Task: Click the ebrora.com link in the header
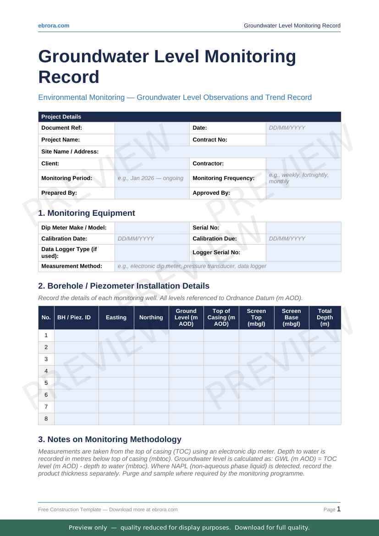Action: pos(54,26)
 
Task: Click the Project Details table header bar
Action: pos(189,117)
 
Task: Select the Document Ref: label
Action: pos(61,128)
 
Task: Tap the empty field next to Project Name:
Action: pos(152,140)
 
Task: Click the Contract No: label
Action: pos(210,140)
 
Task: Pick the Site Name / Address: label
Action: pos(70,152)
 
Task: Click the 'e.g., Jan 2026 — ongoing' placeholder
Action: pos(150,178)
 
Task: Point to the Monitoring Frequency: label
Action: pos(223,178)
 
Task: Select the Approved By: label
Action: pos(211,193)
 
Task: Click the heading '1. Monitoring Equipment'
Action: pos(87,213)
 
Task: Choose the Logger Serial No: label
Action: pos(216,252)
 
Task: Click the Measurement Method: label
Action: pos(71,266)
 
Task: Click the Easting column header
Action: pos(116,317)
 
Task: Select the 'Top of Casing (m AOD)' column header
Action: pos(221,317)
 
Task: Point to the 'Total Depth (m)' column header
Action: pos(324,317)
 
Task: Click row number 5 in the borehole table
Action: pos(46,383)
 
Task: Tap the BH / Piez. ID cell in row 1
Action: pos(76,335)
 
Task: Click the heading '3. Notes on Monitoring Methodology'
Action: pos(110,439)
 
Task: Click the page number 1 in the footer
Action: pos(339,509)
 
